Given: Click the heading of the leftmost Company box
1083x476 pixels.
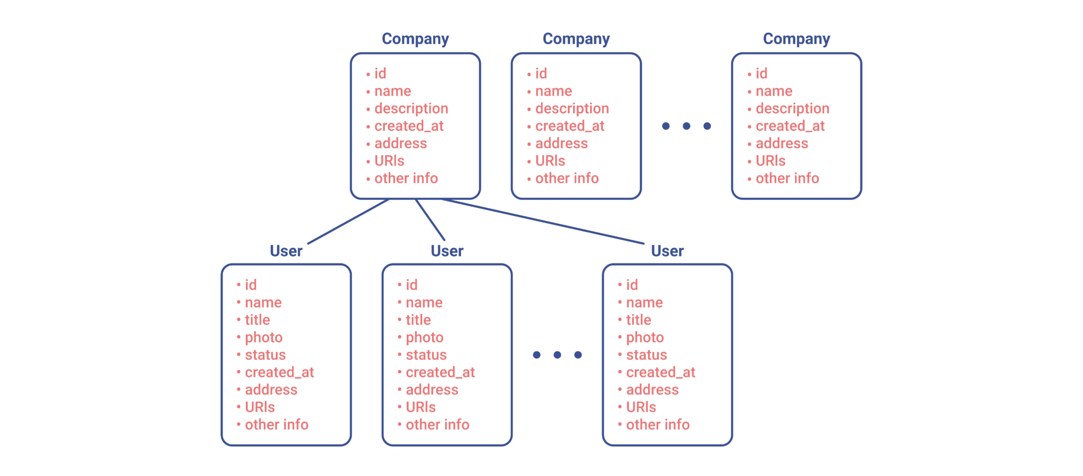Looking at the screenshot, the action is coord(415,39).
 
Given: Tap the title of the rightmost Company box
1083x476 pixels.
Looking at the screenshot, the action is coord(796,39).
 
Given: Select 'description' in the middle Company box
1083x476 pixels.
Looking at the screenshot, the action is coord(572,109).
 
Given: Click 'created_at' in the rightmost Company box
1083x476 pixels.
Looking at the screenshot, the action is coord(790,126).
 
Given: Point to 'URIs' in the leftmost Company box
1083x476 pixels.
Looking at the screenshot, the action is coord(389,161).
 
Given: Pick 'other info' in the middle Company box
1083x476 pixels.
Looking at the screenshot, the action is coord(567,178).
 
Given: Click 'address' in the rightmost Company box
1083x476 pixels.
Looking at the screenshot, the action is coord(782,143).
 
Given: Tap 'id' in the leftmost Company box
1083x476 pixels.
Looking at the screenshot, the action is coord(380,74).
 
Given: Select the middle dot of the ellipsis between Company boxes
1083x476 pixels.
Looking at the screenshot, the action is coord(686,126).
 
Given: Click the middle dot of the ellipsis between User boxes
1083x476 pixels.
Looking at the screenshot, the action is coord(557,355).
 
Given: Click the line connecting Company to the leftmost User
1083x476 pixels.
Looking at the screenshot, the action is coord(348,221).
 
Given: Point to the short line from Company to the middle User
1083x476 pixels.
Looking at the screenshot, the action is coord(430,219).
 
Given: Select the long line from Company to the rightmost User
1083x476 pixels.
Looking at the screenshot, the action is coord(543,221).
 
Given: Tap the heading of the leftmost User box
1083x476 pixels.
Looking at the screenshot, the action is coord(286,251).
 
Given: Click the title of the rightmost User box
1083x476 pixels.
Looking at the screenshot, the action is coord(667,251).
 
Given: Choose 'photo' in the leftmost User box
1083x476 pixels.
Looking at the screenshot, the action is coord(263,338).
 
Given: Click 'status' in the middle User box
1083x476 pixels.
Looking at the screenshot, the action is coord(426,355).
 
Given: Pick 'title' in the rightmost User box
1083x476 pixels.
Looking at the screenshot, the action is coord(638,320).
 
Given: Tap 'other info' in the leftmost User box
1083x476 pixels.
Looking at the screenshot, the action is coord(277,425).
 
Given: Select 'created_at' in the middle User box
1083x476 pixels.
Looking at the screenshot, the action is coord(440,373).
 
